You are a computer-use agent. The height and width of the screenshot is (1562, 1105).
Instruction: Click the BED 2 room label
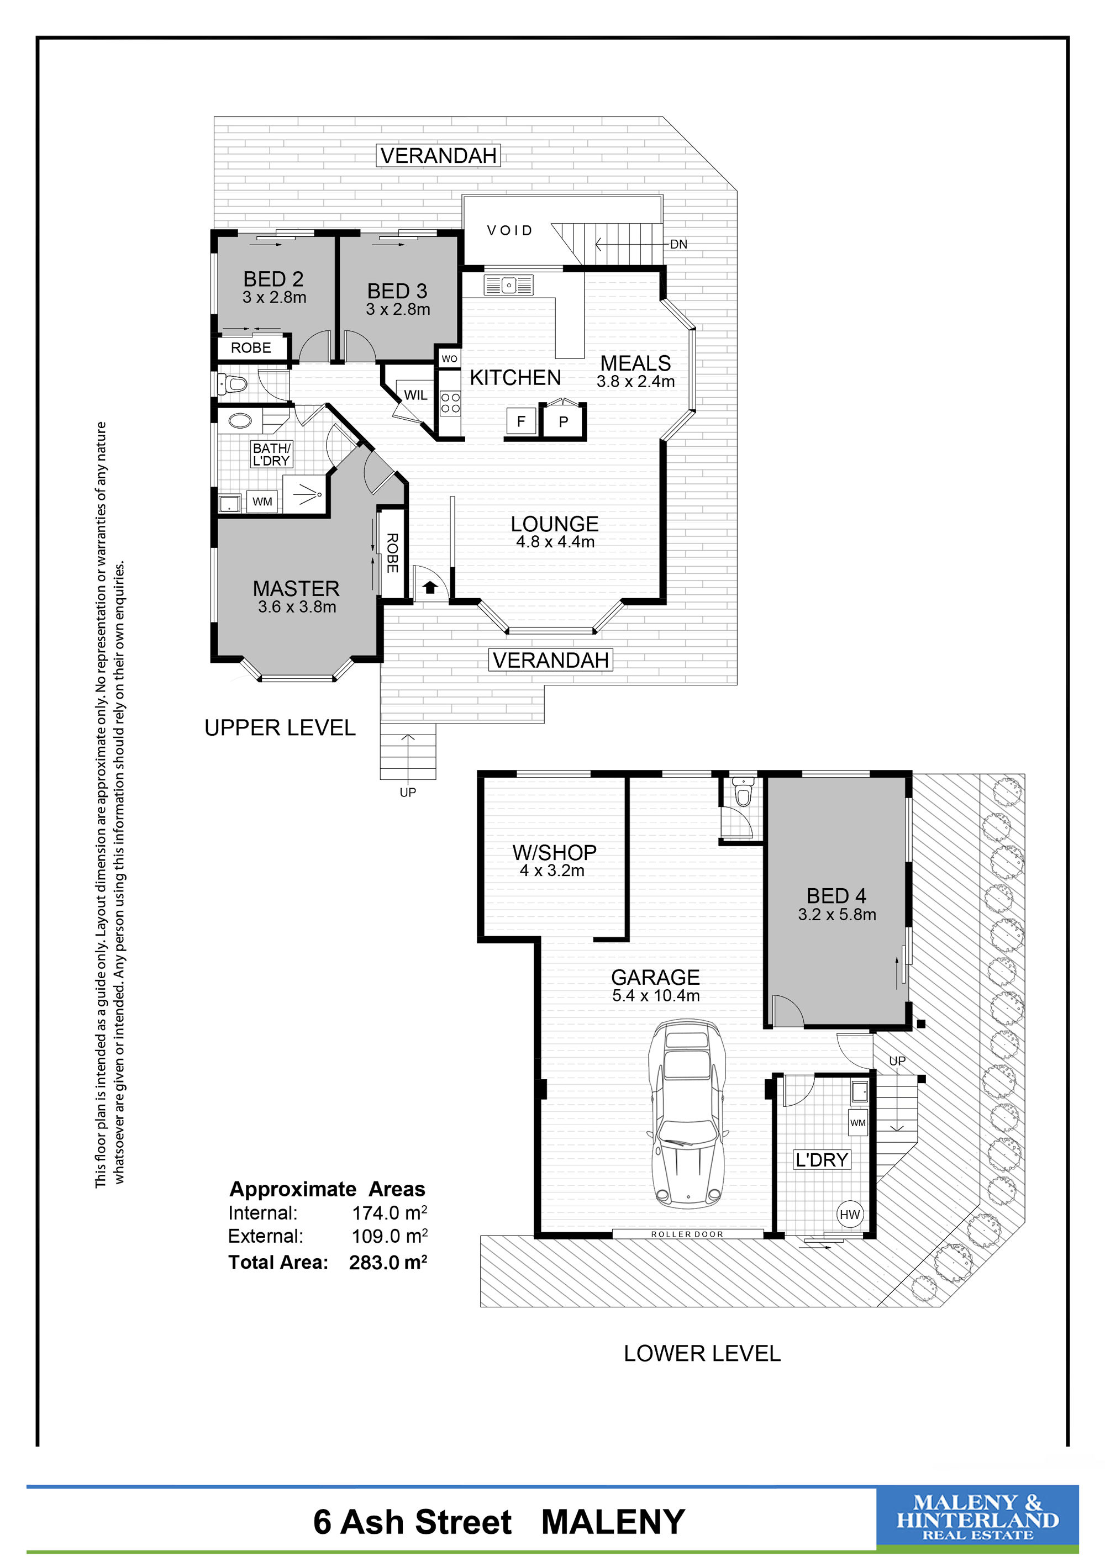tap(273, 279)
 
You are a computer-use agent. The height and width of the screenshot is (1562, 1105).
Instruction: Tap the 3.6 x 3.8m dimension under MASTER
tap(297, 607)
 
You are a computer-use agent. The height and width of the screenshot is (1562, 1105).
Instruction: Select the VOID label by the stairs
tap(509, 231)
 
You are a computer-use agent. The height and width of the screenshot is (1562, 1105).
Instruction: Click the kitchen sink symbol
tap(508, 285)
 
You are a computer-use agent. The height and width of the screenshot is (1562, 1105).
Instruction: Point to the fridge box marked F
tap(521, 422)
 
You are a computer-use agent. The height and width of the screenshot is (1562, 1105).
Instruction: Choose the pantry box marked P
tap(564, 422)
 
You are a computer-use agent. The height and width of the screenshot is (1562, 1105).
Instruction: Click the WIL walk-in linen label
tap(415, 395)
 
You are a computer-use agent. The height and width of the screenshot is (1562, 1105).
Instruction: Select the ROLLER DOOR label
tap(687, 1234)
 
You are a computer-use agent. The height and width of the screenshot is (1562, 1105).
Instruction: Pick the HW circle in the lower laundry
tap(850, 1215)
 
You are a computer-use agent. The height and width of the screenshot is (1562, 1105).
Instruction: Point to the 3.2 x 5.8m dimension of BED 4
tap(837, 914)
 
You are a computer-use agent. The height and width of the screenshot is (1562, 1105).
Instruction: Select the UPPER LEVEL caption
tap(280, 728)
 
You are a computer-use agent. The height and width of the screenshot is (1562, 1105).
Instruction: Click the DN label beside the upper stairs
tap(678, 244)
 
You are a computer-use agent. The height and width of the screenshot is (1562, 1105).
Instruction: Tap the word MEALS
tap(635, 363)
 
